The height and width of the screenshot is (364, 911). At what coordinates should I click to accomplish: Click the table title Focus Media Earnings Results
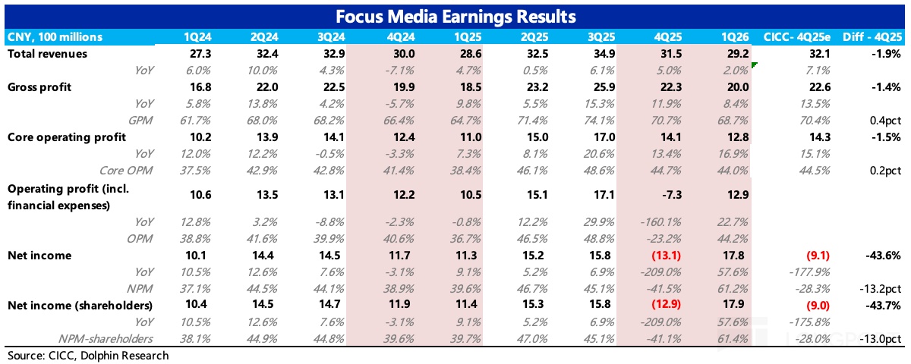click(455, 16)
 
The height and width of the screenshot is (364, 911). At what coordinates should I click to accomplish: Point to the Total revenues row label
click(47, 54)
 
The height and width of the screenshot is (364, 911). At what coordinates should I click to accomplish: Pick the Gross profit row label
click(39, 87)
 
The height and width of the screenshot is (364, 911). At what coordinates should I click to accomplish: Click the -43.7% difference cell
click(884, 306)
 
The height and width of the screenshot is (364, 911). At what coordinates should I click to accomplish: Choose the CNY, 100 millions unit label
click(54, 37)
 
